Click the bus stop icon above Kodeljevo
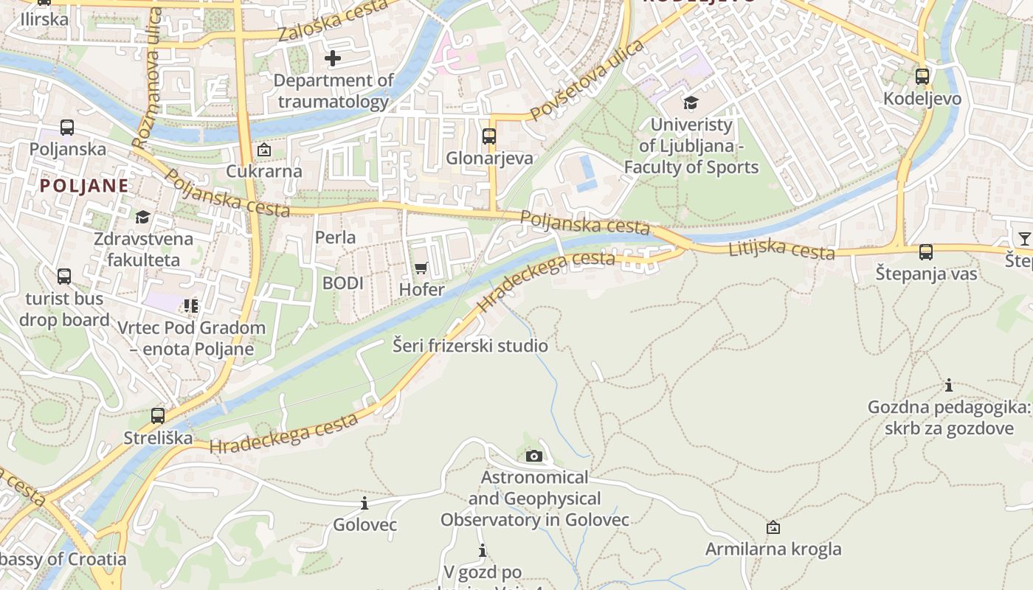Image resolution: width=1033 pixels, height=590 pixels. (x=922, y=76)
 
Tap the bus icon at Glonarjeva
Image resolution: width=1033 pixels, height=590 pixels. (x=488, y=136)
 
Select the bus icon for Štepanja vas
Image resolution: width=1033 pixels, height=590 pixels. (x=925, y=252)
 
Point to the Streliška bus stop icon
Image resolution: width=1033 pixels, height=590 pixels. (x=157, y=415)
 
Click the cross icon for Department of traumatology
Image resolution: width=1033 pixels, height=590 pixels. (x=333, y=58)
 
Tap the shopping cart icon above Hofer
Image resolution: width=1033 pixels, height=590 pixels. (x=421, y=268)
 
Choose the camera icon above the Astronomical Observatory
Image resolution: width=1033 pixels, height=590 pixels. (x=534, y=456)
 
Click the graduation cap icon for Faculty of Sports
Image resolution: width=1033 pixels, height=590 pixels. (x=691, y=103)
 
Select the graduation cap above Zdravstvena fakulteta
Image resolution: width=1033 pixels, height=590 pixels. (x=142, y=217)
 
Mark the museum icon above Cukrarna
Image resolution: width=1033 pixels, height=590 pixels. (x=263, y=150)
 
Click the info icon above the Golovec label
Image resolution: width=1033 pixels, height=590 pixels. (x=364, y=503)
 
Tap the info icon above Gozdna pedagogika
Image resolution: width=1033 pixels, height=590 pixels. (x=948, y=385)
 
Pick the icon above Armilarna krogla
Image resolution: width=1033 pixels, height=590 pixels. (x=773, y=527)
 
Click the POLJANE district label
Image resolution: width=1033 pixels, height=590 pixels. (x=84, y=185)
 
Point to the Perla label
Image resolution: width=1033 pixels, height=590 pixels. (x=335, y=237)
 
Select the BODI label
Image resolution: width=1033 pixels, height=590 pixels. (x=342, y=283)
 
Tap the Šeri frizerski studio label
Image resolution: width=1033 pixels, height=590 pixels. (x=470, y=346)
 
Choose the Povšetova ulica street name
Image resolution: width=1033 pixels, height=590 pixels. (x=587, y=80)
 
